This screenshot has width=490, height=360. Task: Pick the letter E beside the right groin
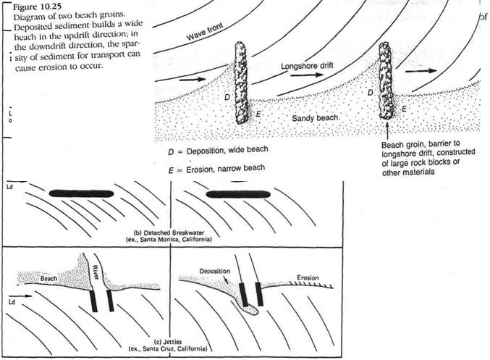[404, 108]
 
